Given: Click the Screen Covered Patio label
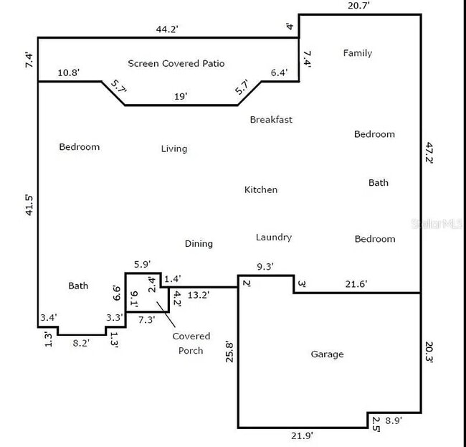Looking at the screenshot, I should pos(176,63).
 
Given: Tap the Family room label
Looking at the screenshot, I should pos(357,53).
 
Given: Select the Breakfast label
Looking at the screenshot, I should pos(271,120).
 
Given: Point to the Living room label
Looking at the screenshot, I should pos(173,149).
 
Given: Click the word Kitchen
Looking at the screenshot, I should pos(261,189).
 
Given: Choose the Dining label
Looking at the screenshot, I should pos(199,243).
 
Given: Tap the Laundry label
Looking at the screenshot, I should pos(273,237).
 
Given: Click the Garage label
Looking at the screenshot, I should pos(327,354).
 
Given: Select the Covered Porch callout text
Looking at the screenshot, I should pos(191,343).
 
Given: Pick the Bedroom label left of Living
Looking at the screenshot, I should pos(79,147).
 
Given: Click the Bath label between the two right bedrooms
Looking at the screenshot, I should pos(379,182).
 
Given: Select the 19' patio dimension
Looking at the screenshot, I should pos(181,95).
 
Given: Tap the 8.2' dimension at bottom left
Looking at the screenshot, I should pos(82,344).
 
